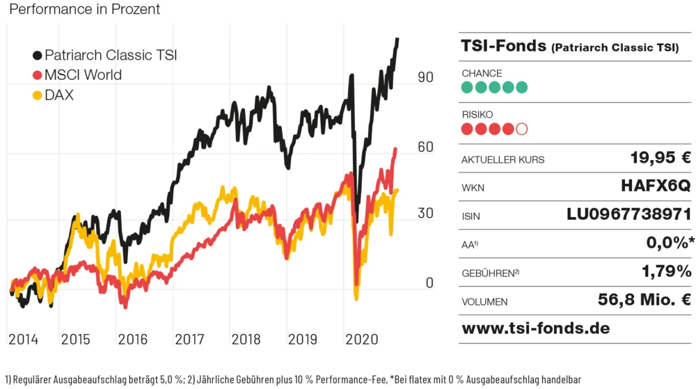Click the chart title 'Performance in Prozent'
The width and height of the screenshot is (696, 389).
click(x=85, y=9)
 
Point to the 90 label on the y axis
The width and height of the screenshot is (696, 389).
click(x=425, y=77)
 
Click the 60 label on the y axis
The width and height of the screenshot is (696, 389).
click(x=425, y=147)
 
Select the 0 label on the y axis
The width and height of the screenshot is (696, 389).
click(x=429, y=283)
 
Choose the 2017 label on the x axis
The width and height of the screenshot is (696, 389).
click(x=189, y=340)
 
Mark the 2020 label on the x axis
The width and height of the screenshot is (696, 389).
click(x=361, y=340)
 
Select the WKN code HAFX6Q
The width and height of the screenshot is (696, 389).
click(x=656, y=186)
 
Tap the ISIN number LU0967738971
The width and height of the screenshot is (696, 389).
click(x=629, y=214)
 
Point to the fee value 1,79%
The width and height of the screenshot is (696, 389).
click(x=666, y=271)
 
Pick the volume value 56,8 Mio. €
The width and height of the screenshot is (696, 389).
click(x=644, y=300)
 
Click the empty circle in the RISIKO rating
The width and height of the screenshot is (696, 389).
click(x=522, y=129)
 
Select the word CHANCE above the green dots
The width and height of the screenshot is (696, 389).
click(x=482, y=73)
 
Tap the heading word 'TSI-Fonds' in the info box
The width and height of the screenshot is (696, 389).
click(x=503, y=46)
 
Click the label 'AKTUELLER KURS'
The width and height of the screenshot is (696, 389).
click(x=503, y=160)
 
